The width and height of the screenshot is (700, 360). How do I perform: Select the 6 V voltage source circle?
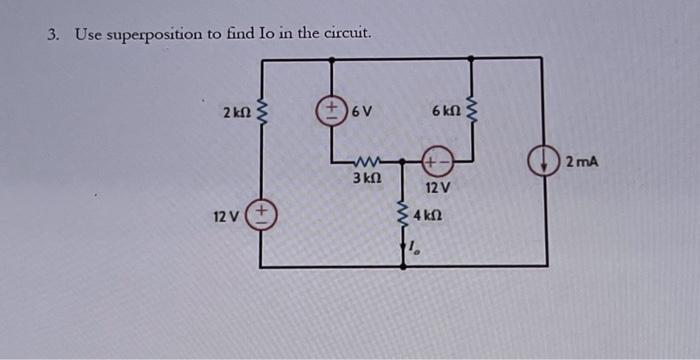pyautogui.click(x=329, y=111)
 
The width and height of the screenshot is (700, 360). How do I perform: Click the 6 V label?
pyautogui.click(x=360, y=111)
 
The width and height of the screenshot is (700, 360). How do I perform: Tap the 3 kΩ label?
pyautogui.click(x=366, y=179)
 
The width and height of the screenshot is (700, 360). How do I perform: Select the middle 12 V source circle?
pyautogui.click(x=437, y=160)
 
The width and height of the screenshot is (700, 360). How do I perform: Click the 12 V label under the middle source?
pyautogui.click(x=438, y=188)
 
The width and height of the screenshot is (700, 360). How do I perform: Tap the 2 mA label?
pyautogui.click(x=579, y=160)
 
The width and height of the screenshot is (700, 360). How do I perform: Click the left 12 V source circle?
pyautogui.click(x=262, y=215)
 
